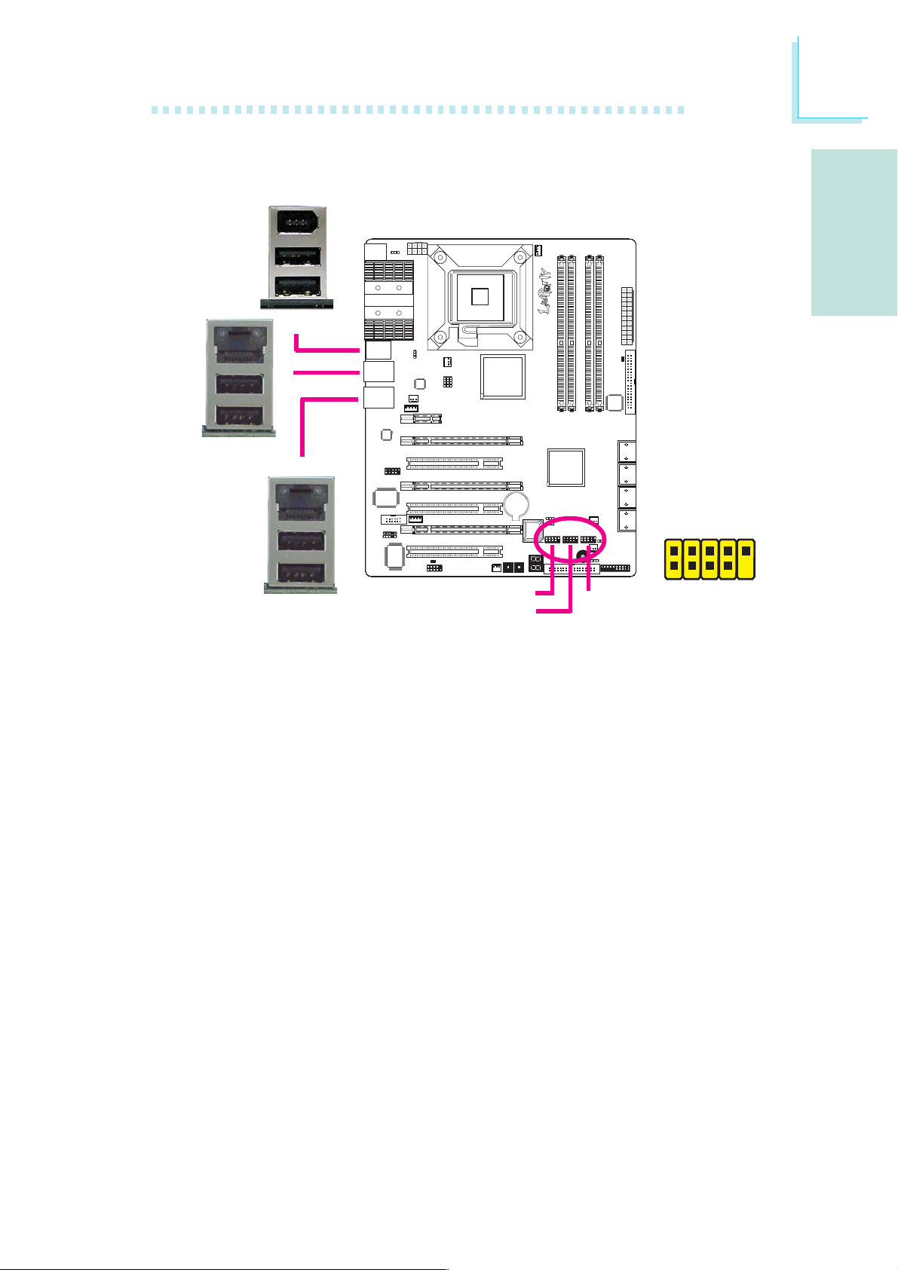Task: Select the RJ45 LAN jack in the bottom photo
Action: [300, 501]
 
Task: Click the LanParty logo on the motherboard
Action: [544, 291]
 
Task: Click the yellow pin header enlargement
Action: [710, 559]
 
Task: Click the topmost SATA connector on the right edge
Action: [627, 451]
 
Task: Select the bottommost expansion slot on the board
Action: [455, 552]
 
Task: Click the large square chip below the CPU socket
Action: [502, 376]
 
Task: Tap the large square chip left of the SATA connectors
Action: [566, 467]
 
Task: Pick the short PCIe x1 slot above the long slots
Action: [421, 418]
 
